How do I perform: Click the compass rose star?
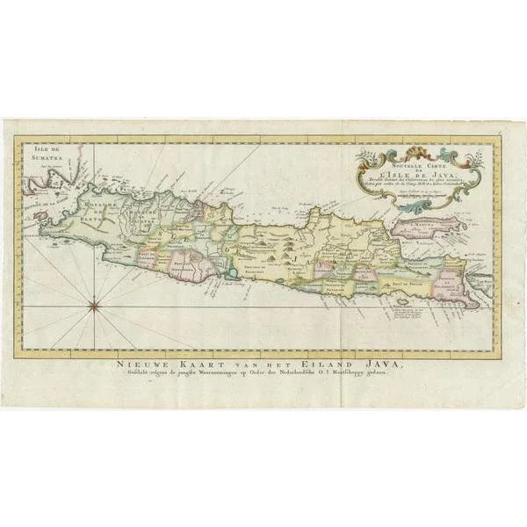pos(94,306)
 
